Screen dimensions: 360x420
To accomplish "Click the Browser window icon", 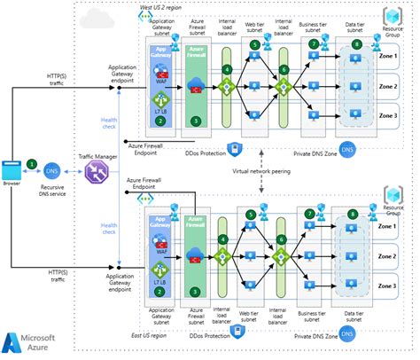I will tap(12, 168).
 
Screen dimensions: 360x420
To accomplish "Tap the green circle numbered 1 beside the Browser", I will tap(33, 163).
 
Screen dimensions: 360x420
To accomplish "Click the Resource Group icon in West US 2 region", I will tap(390, 19).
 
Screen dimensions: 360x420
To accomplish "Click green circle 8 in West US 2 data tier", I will tap(356, 44).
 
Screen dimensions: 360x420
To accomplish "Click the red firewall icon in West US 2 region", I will tap(198, 86).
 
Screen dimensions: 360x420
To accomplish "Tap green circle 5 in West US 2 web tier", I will tap(254, 44).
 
